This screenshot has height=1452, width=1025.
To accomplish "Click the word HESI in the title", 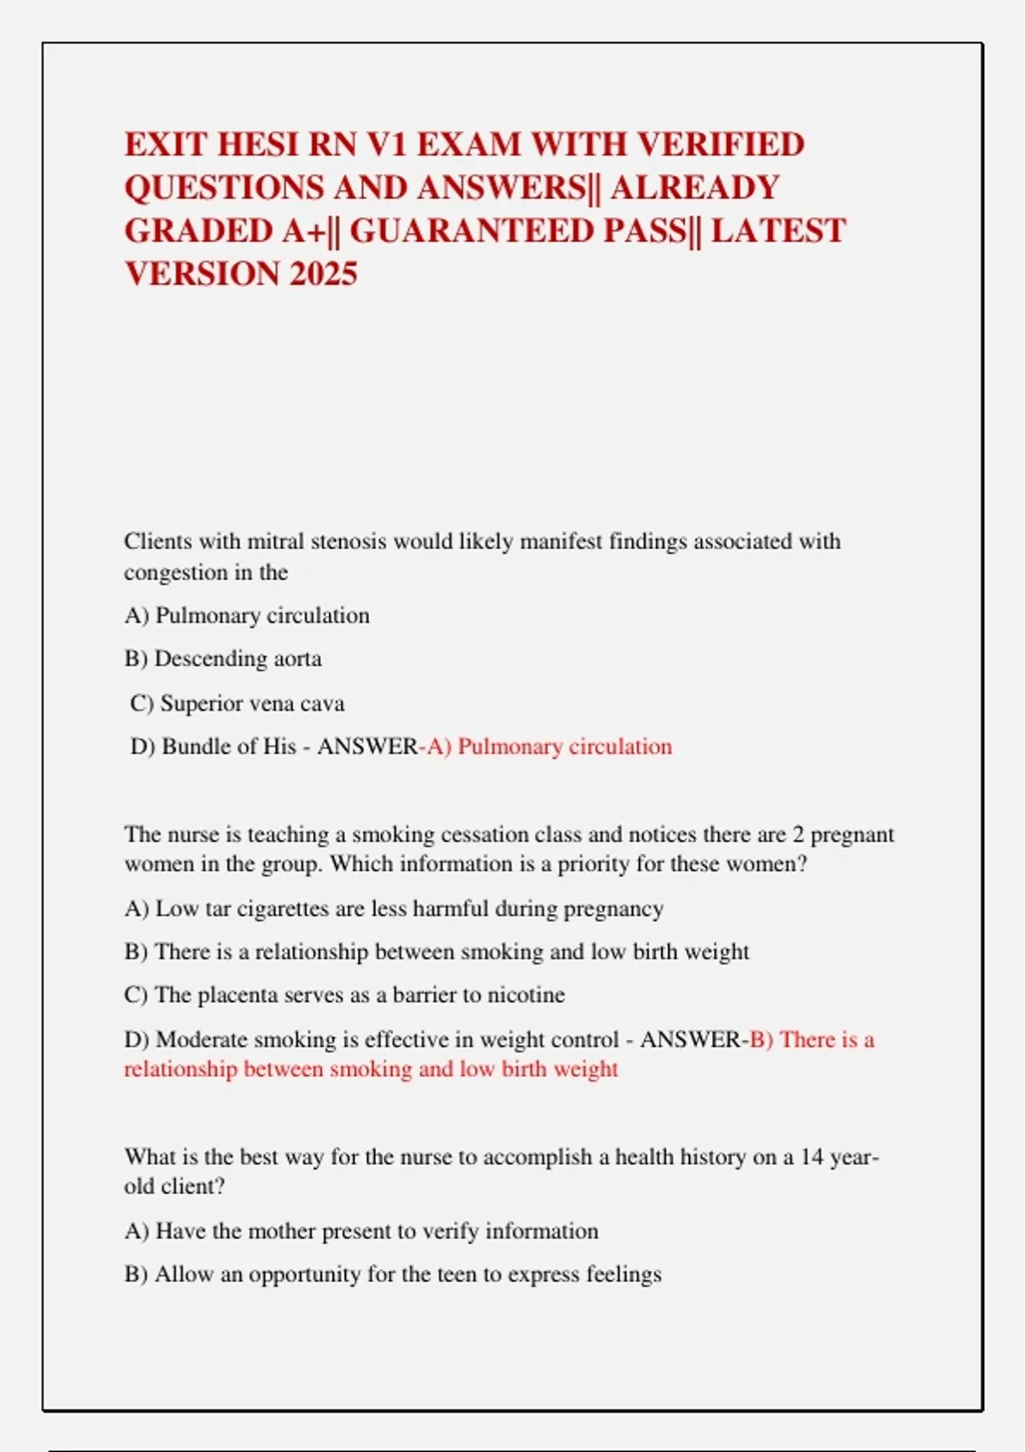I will coord(258,144).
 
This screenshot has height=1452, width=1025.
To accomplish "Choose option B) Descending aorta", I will coord(223,659).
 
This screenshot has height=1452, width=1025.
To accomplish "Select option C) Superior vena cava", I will coord(237,703).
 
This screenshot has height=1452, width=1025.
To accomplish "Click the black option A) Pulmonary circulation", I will coord(247,615).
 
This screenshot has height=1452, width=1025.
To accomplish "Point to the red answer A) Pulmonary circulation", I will coord(550,746).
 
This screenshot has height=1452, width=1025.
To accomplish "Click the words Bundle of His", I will coord(229,746).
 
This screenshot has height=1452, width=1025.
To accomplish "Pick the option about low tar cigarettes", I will coord(394,908).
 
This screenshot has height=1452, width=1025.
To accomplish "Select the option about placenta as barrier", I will coord(344,995).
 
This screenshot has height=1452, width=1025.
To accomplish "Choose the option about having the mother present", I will coord(361,1231).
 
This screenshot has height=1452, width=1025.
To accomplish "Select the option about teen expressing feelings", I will coord(393,1274).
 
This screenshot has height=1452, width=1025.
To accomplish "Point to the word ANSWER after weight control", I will coord(690,1039).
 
